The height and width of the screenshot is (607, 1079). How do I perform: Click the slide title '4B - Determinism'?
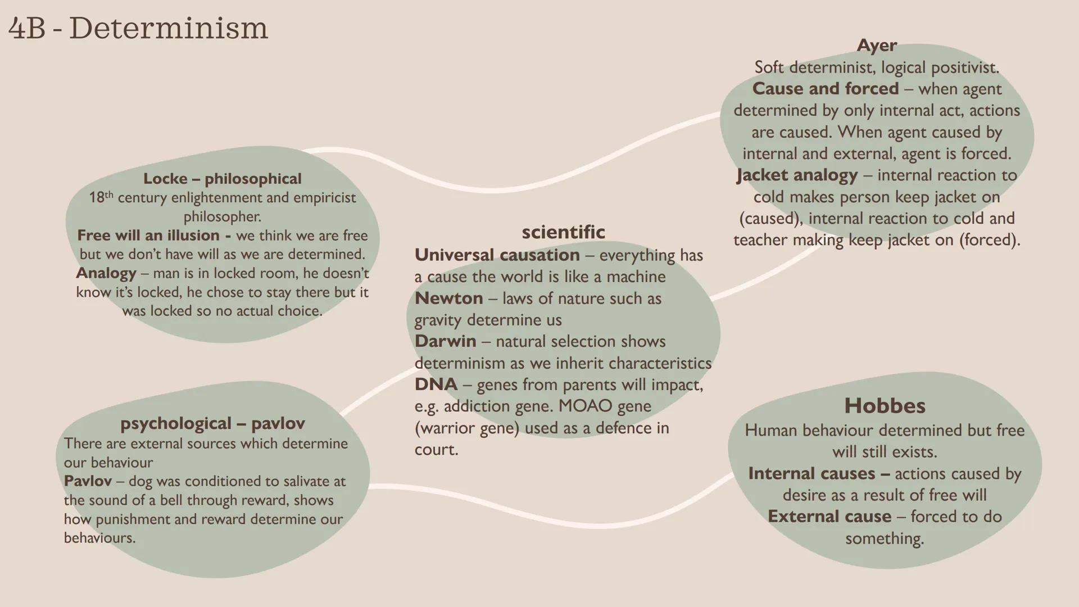click(138, 28)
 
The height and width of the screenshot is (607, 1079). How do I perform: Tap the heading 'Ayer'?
click(877, 45)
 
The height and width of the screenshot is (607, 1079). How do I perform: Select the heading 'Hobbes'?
click(885, 406)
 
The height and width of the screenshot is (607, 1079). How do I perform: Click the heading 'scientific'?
click(563, 232)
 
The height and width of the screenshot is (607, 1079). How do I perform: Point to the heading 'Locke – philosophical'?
click(223, 179)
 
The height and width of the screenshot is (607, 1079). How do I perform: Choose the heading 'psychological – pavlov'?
click(212, 423)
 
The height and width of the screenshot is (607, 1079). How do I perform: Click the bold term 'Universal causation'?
click(497, 255)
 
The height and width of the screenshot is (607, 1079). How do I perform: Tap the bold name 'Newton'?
click(448, 298)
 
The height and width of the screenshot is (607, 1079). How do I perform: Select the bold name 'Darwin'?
click(445, 341)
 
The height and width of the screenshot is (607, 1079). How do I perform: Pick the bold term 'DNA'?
click(436, 384)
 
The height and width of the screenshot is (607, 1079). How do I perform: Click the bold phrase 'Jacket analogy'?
click(797, 175)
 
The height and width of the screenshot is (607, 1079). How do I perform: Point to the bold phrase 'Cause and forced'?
click(826, 89)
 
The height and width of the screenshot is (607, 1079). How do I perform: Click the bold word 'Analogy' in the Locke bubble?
click(106, 274)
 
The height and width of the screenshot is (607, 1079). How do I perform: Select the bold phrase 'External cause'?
click(829, 517)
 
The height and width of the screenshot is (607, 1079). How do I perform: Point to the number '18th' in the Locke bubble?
click(101, 197)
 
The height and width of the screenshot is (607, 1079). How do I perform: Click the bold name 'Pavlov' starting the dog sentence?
click(88, 482)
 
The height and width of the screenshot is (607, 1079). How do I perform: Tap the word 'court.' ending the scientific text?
click(436, 450)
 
